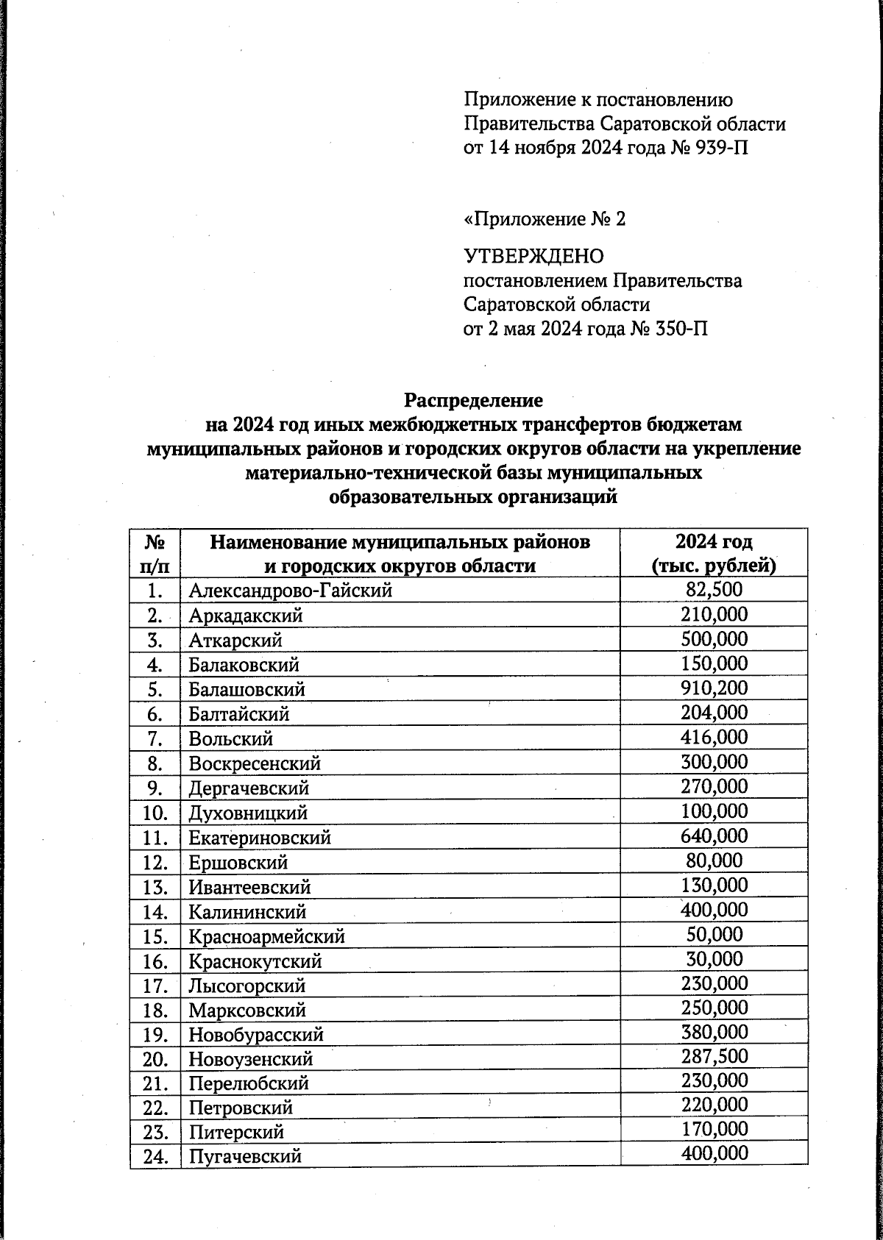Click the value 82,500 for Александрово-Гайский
714,589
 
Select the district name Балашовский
247,690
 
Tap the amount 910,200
714,688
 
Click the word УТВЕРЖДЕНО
533,257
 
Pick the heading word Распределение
473,401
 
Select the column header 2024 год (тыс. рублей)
714,553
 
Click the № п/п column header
155,553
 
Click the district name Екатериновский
260,838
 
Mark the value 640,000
714,835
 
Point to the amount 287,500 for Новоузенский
714,1057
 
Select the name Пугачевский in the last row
245,1156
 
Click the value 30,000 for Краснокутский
714,958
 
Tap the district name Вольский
231,738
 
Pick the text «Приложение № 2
545,219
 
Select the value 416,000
714,737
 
